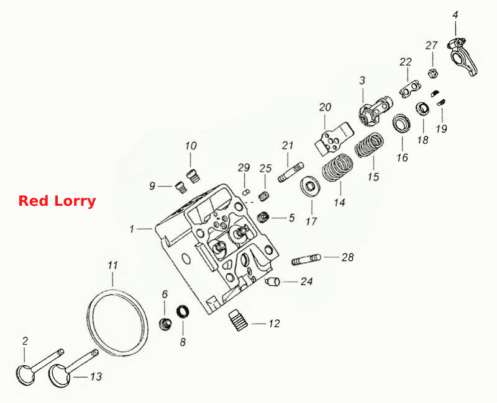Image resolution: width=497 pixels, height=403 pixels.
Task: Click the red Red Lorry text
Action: pos(57,201)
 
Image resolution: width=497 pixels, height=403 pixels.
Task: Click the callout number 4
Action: pos(455,15)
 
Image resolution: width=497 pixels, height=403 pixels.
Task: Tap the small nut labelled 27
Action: pos(432,73)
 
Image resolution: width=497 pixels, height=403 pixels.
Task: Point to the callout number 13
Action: pos(96,376)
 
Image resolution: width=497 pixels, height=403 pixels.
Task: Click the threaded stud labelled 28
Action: pos(306,259)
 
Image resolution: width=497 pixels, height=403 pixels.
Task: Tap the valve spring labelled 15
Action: pos(369,145)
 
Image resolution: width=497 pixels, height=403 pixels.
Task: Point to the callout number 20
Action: pos(325,107)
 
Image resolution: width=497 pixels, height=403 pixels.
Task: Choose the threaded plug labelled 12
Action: pos(239,320)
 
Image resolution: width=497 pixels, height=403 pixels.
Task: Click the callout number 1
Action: pos(132,229)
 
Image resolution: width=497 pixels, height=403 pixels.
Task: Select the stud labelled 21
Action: pos(291,172)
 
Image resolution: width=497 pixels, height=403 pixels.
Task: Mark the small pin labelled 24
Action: pos(273,281)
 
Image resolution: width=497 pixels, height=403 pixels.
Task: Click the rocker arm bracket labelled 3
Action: pos(376,111)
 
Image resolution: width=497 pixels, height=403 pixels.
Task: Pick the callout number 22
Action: pos(406,61)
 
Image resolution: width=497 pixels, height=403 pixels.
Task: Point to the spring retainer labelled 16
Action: pos(401,123)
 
